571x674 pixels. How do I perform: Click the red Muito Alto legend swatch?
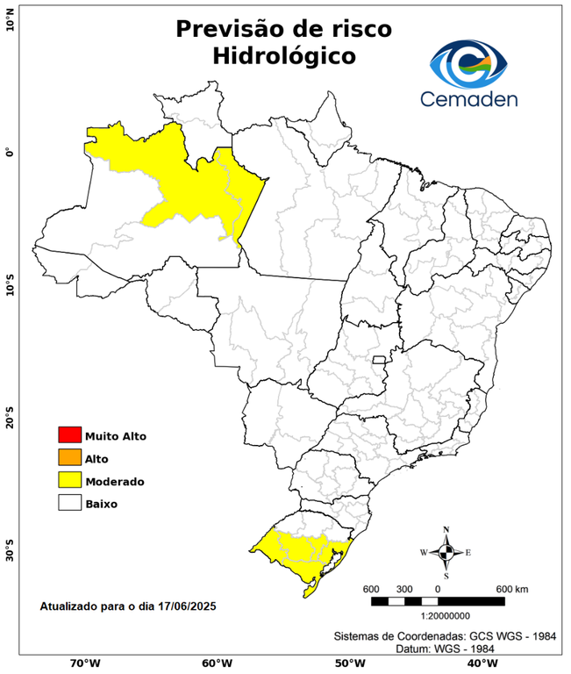point(69,435)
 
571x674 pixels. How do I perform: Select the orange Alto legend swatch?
point(69,458)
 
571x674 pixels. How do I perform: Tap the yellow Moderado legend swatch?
point(69,481)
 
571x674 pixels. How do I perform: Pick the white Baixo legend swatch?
point(69,504)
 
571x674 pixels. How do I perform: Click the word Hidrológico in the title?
point(284,56)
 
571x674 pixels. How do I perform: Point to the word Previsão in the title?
point(231,28)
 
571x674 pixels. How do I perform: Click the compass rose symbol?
point(446,552)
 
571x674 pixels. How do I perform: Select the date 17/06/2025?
point(186,606)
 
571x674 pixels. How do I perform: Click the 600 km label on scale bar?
point(512,588)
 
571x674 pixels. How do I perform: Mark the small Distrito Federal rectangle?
point(380,360)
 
